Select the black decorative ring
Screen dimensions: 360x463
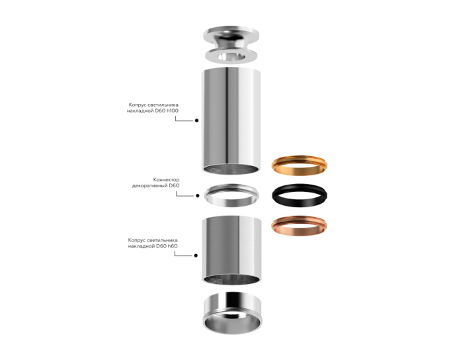pyautogui.click(x=300, y=195)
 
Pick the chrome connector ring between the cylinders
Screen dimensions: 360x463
pyautogui.click(x=231, y=195)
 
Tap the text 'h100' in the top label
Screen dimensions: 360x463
pyautogui.click(x=171, y=111)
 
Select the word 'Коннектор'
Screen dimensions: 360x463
pyautogui.click(x=166, y=179)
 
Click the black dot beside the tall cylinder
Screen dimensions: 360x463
pyautogui.click(x=197, y=121)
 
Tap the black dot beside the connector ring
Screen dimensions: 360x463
pyautogui.click(x=197, y=195)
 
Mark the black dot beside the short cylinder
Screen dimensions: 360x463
pyautogui.click(x=197, y=255)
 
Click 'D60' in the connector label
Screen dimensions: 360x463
pyautogui.click(x=174, y=186)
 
